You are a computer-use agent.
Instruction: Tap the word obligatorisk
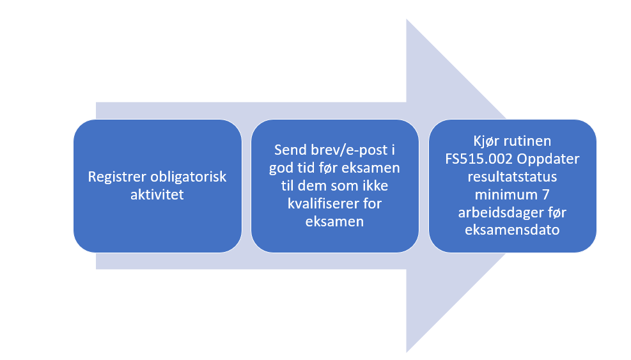pos(189,176)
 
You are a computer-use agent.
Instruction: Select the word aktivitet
pos(157,194)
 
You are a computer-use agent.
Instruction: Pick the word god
pos(281,168)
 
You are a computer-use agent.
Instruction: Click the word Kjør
pos(485,141)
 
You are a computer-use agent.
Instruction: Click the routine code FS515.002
pos(479,159)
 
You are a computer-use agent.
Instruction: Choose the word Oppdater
pos(548,159)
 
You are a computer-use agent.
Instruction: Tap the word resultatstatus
pos(512,176)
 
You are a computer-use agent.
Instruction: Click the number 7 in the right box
pos(546,194)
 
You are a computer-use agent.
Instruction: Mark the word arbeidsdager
pos(498,212)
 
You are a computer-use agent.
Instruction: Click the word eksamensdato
pos(512,230)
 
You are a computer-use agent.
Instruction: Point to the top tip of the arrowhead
pos(407,19)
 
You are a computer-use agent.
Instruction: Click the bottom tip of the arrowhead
pos(407,352)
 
